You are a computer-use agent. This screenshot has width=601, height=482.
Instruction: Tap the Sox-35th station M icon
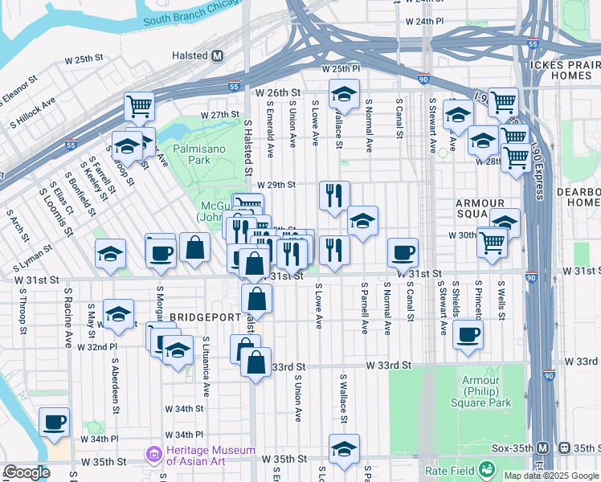(542, 447)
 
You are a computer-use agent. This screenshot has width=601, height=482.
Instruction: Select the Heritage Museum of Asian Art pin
(153, 455)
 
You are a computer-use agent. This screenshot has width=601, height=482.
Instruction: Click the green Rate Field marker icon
(486, 469)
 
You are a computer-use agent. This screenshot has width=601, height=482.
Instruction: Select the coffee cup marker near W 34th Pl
(55, 423)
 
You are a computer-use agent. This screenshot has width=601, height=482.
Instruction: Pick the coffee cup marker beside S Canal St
(403, 253)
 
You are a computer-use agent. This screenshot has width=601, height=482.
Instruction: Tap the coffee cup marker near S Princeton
(468, 334)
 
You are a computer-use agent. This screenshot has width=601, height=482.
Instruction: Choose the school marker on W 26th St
(344, 93)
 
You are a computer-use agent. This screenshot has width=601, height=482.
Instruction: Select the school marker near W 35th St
(344, 448)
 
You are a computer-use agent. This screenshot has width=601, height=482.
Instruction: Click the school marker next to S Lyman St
(110, 254)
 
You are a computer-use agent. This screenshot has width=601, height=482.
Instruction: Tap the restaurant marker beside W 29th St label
(333, 195)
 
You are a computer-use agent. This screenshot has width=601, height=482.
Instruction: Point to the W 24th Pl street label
(425, 20)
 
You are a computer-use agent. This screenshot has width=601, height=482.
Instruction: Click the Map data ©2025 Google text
(551, 476)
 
